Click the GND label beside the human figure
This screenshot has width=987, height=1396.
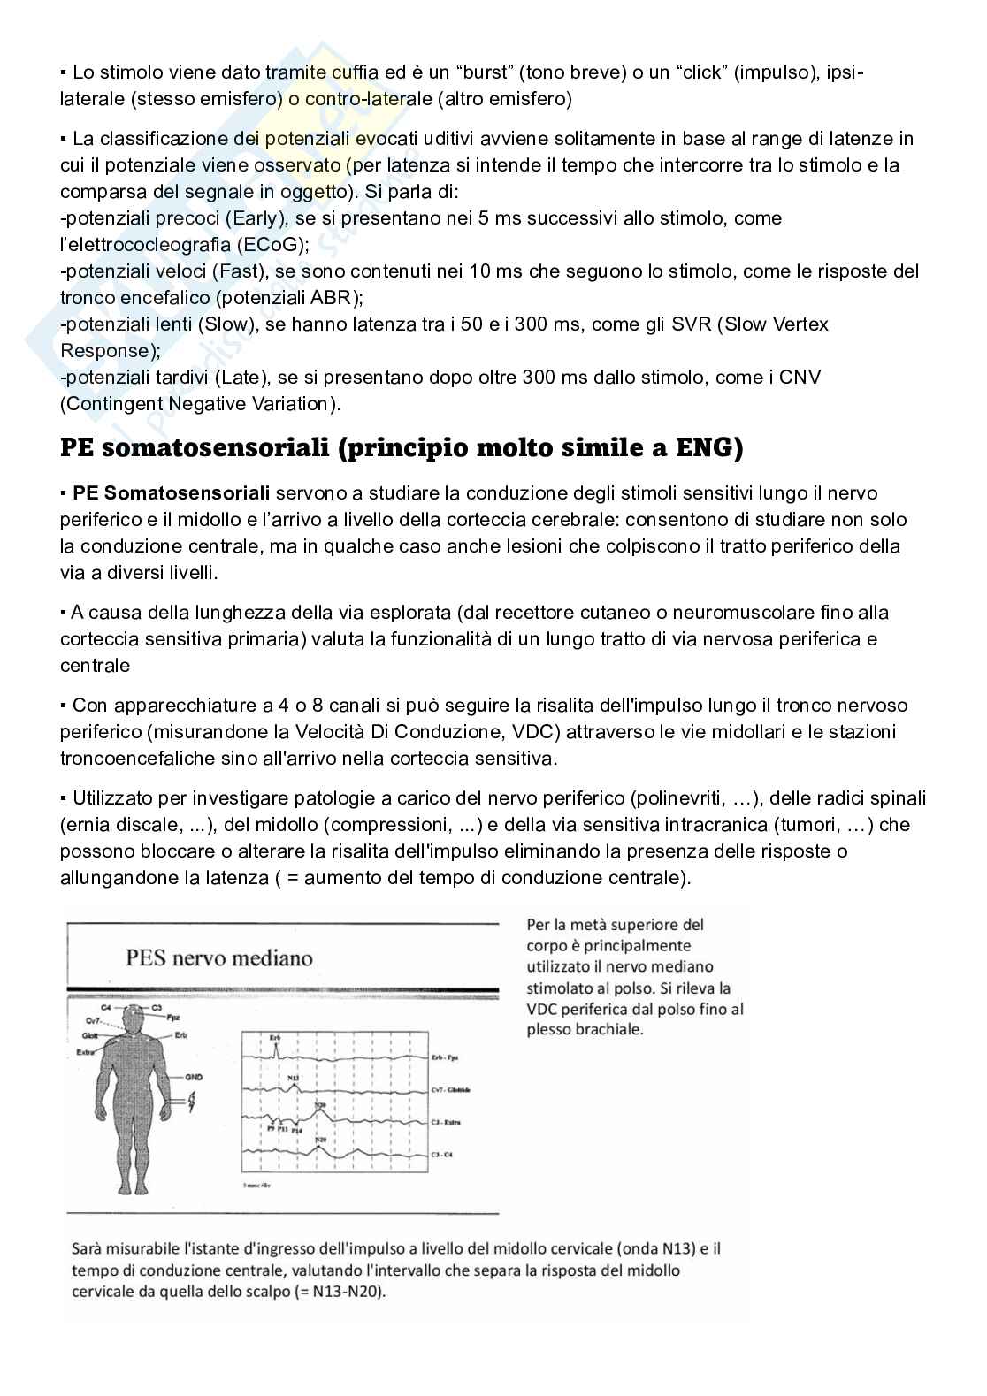[x=194, y=1077]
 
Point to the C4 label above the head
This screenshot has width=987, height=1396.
[x=105, y=1008]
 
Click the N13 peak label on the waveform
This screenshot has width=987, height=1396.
[x=293, y=1078]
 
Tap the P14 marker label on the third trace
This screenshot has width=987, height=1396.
[x=296, y=1131]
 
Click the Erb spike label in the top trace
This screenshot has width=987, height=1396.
[x=275, y=1037]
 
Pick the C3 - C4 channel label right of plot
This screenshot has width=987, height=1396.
[x=441, y=1154]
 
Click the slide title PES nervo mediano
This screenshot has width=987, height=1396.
[x=218, y=957]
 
